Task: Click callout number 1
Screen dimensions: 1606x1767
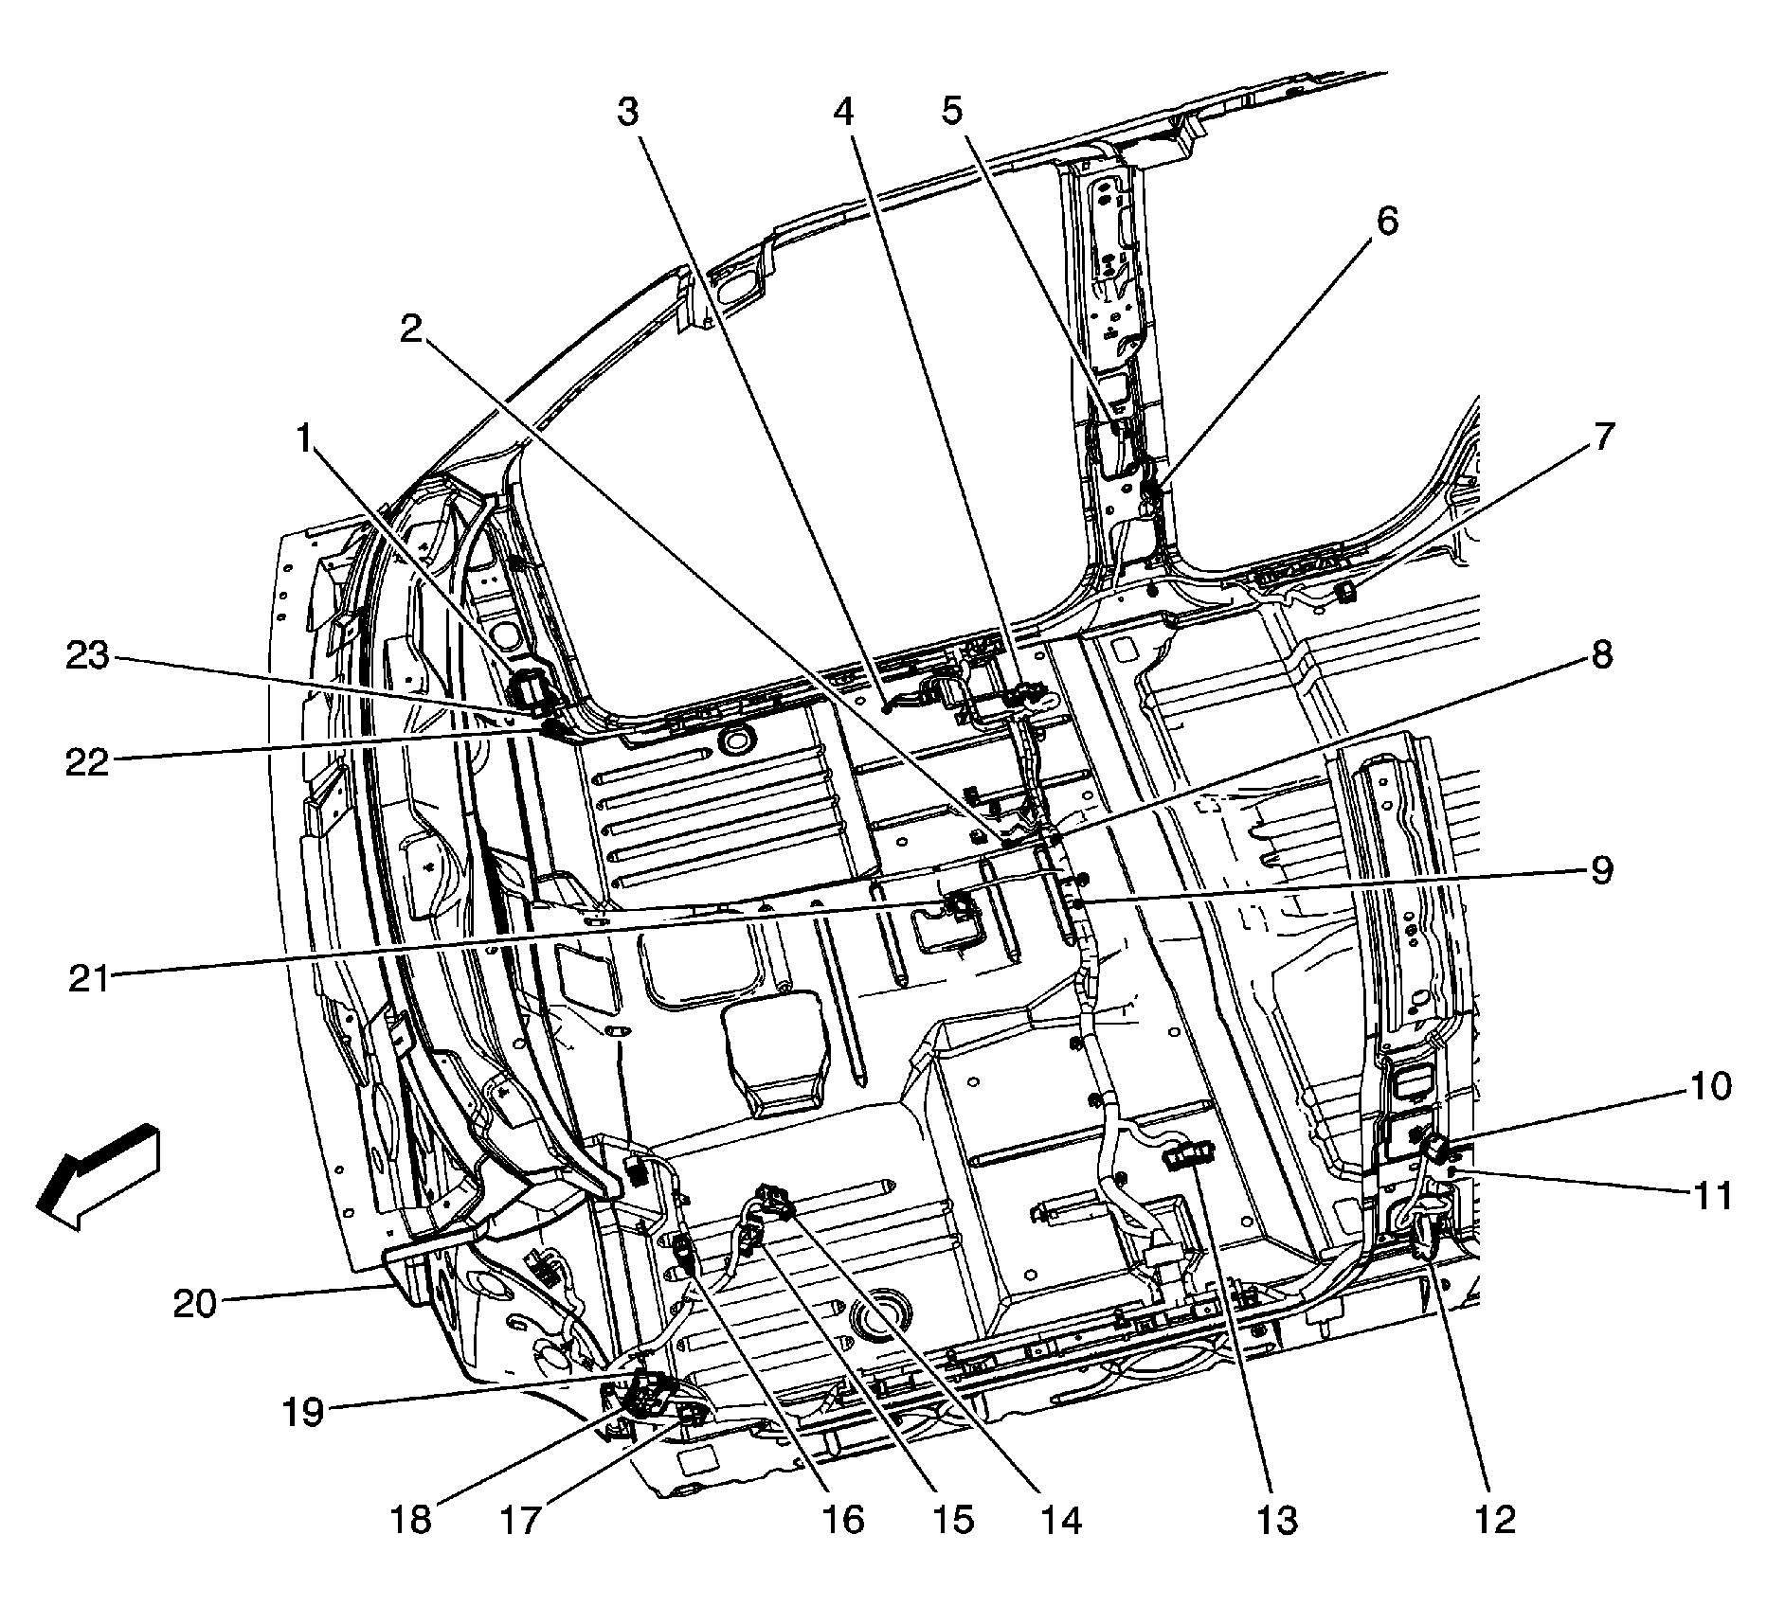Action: [x=303, y=438]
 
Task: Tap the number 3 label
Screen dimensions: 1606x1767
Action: [x=628, y=112]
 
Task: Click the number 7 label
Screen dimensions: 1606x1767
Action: [x=1600, y=438]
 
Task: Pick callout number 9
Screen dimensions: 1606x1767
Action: [x=1600, y=869]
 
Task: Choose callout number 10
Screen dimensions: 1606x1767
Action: [x=1710, y=1086]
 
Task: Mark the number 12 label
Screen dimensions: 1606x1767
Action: [x=1494, y=1520]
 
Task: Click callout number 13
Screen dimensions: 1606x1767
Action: [x=1276, y=1520]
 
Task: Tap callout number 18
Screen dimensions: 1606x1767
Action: [x=409, y=1520]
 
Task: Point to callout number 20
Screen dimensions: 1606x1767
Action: [x=194, y=1305]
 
